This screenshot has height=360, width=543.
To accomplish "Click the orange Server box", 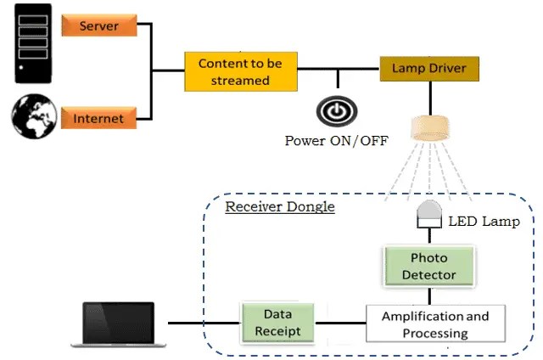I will tap(99, 26).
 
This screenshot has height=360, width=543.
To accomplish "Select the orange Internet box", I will tap(99, 118).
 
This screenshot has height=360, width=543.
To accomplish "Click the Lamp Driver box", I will tap(428, 67).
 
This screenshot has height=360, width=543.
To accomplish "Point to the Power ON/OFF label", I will tap(337, 140).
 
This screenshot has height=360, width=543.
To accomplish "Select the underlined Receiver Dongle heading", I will tap(279, 206).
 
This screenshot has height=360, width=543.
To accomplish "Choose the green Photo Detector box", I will tap(428, 266).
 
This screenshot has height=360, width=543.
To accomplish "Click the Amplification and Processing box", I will tap(435, 323).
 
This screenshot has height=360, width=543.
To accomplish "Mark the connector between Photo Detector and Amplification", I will tap(429, 295).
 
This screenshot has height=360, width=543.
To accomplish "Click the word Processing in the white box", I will tap(435, 333).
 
